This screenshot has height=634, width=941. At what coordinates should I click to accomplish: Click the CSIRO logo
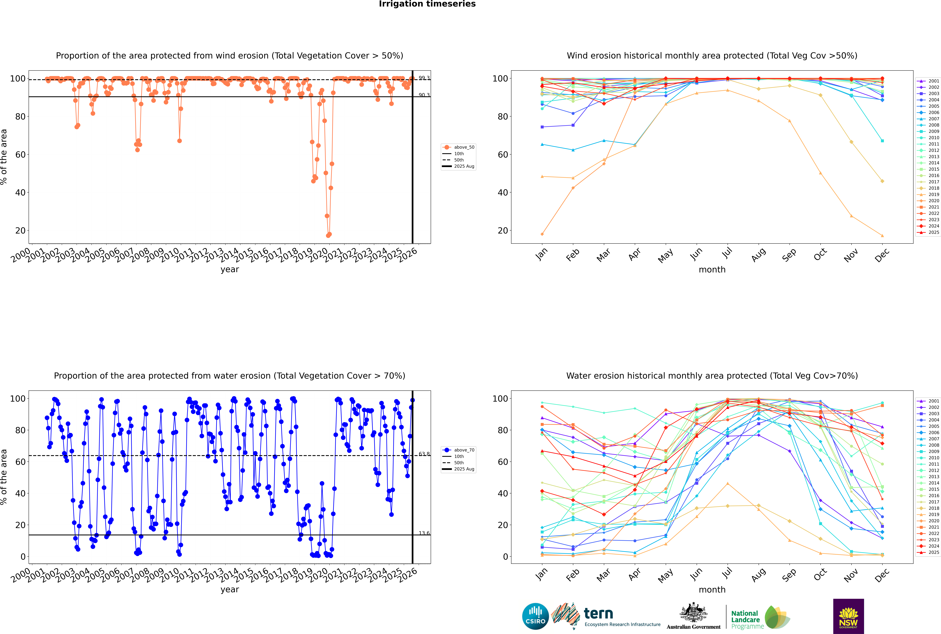(535, 616)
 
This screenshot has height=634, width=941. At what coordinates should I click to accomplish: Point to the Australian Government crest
(693, 613)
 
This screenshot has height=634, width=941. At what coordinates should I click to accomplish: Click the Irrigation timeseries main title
(427, 4)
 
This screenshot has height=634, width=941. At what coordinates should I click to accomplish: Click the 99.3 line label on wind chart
(424, 78)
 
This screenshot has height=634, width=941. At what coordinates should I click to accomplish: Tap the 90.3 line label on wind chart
(424, 95)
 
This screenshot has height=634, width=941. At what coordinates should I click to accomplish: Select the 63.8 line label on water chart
(424, 454)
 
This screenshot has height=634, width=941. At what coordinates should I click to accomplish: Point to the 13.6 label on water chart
(424, 533)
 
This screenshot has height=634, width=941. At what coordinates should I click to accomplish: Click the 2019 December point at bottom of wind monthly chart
(882, 236)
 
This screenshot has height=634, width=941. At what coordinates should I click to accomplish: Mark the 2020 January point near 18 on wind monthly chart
(542, 234)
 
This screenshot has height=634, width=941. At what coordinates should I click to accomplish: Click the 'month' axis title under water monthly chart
(712, 590)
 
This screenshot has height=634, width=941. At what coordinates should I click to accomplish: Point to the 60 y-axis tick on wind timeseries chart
(20, 154)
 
